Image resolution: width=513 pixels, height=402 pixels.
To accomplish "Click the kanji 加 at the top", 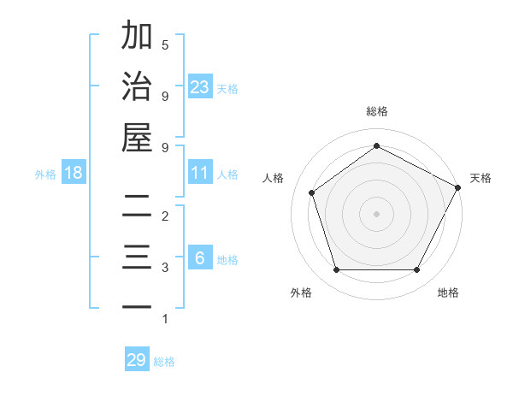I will pyautogui.click(x=137, y=37).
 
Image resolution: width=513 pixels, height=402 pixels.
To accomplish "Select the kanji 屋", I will pyautogui.click(x=137, y=137).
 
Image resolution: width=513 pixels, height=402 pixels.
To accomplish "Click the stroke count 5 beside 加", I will pyautogui.click(x=165, y=44).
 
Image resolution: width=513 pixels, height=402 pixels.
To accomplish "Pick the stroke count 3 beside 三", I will pyautogui.click(x=165, y=268).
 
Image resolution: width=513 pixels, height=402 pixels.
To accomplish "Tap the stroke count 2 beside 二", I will pyautogui.click(x=165, y=217).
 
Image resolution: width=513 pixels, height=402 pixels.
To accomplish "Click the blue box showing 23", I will pyautogui.click(x=200, y=86).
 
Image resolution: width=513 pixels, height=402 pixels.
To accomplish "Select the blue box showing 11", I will pyautogui.click(x=200, y=173).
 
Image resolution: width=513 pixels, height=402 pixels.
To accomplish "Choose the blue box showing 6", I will pyautogui.click(x=200, y=258).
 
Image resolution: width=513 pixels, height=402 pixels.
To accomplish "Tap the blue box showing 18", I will pyautogui.click(x=74, y=173).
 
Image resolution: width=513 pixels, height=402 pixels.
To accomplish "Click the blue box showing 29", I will pyautogui.click(x=137, y=360).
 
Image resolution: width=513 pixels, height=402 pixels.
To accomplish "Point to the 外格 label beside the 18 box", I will pyautogui.click(x=45, y=174).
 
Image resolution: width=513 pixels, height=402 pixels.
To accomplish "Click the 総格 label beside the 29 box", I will pyautogui.click(x=164, y=361).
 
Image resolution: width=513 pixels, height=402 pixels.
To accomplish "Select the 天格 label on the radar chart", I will pyautogui.click(x=481, y=178).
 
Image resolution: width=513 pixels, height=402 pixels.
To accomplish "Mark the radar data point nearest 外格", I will pyautogui.click(x=336, y=270).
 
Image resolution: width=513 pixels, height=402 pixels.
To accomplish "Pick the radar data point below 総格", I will pyautogui.click(x=376, y=146).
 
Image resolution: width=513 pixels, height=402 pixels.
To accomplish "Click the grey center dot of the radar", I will pyautogui.click(x=376, y=213).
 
